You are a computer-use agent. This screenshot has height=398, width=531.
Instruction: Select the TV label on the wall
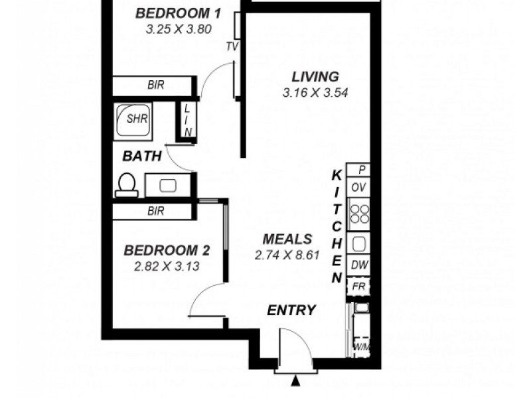point(232,46)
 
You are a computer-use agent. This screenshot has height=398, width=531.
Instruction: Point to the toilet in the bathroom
point(126,185)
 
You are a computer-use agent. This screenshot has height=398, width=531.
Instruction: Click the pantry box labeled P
point(359,170)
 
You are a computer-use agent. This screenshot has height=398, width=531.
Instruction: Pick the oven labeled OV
point(359,187)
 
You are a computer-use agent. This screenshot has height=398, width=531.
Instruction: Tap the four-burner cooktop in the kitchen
point(359,214)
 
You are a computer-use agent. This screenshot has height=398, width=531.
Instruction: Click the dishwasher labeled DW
point(359,265)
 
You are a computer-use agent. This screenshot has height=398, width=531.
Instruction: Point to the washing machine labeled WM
point(360,347)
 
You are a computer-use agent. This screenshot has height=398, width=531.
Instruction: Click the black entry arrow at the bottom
point(295,381)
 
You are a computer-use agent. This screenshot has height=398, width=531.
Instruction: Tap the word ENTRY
point(291,310)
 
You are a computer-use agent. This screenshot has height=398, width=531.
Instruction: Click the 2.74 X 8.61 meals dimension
point(287,254)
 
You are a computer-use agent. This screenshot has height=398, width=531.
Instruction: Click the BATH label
point(142,157)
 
